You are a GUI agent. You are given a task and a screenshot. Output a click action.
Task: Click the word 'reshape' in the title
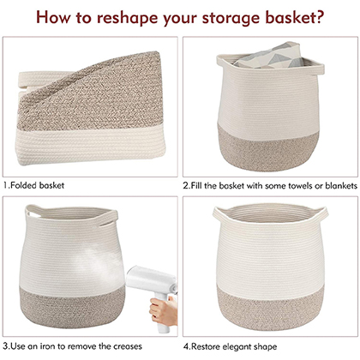coord(127,17)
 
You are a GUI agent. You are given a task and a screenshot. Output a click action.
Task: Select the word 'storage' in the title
coord(231,18)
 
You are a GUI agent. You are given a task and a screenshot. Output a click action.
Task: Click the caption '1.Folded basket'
coord(33,185)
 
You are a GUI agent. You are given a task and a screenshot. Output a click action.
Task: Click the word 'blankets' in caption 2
coord(341,186)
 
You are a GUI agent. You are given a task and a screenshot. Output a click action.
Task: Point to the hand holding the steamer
coord(161,310)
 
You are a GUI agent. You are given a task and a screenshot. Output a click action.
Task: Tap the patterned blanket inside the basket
coord(268,56)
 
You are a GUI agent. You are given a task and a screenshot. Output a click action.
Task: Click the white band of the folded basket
coord(91,145)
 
